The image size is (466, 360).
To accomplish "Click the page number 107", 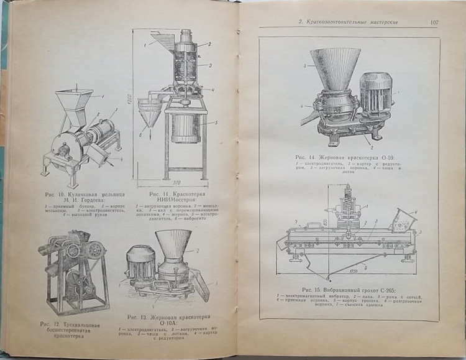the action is coord(434,22).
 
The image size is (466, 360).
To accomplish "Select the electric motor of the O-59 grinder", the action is coord(376,95).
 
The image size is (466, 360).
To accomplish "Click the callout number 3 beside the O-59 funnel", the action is coord(305,64).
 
